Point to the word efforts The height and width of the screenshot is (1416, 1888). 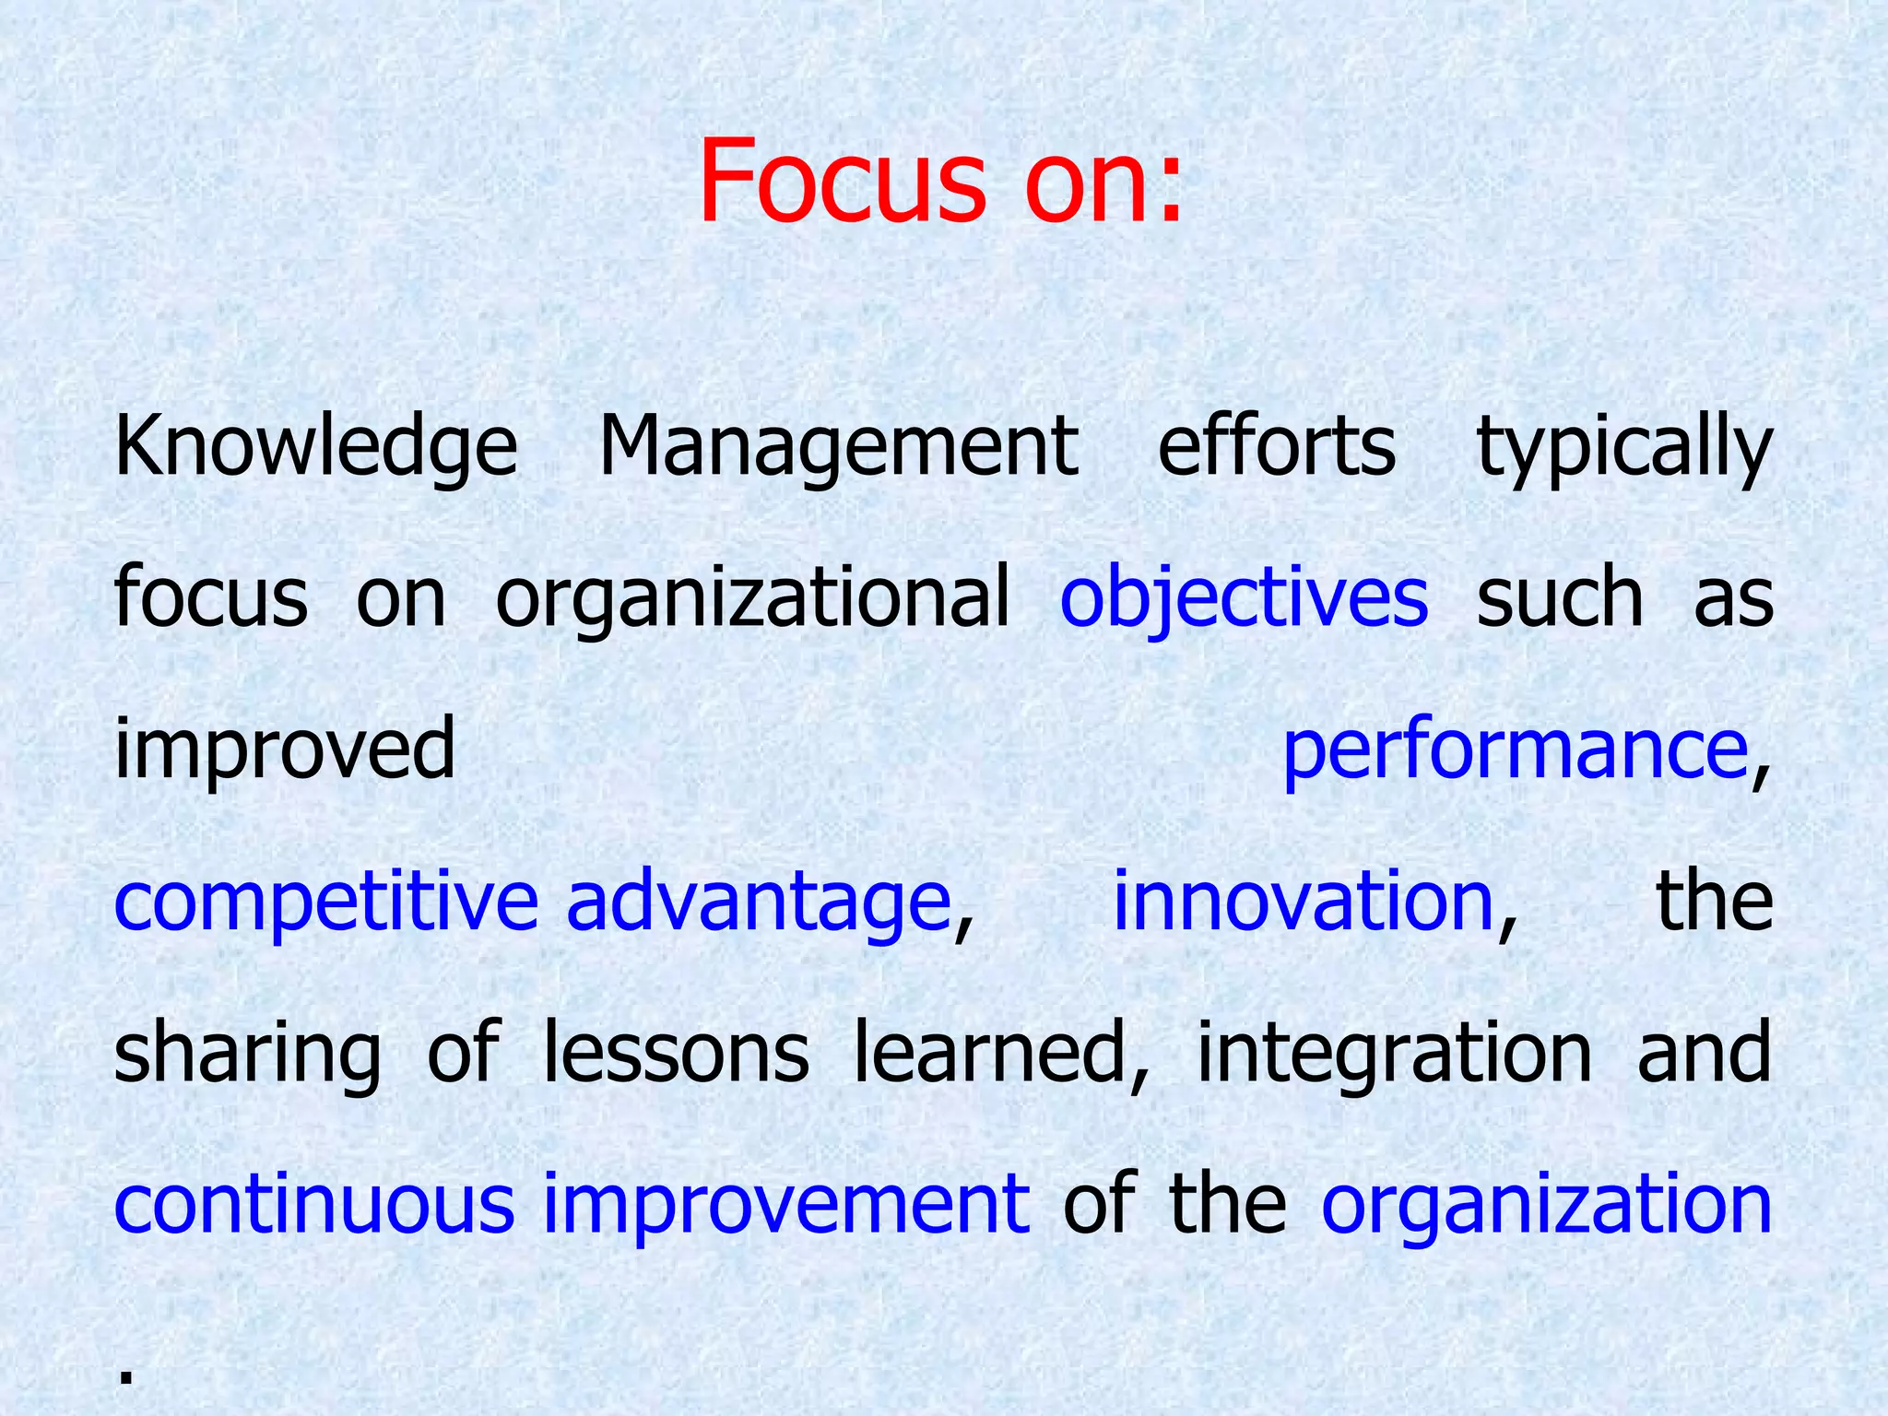[1276, 447]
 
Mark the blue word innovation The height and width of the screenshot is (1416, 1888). [1303, 900]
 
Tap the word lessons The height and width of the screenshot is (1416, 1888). [676, 1052]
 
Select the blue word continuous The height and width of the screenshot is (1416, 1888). [313, 1204]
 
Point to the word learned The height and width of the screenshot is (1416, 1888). [999, 1052]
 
